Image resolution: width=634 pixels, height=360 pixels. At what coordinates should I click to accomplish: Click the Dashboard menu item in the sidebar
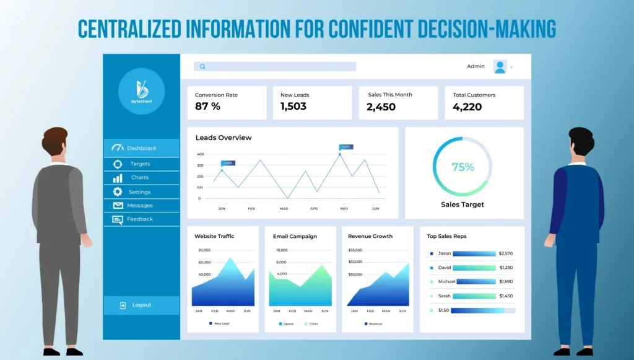pyautogui.click(x=141, y=148)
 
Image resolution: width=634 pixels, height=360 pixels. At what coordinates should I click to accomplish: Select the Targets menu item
pyautogui.click(x=140, y=164)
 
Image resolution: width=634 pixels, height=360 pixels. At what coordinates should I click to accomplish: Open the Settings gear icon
pyautogui.click(x=118, y=192)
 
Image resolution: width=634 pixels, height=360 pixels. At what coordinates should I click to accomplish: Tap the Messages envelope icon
pyautogui.click(x=118, y=206)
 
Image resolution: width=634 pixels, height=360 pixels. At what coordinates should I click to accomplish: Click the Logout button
pyautogui.click(x=141, y=305)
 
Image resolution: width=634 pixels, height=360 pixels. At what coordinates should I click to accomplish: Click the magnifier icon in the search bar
pyautogui.click(x=202, y=66)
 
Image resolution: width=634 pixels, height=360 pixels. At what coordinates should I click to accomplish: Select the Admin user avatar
pyautogui.click(x=500, y=67)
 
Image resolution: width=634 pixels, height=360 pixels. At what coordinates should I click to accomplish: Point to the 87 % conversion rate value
pyautogui.click(x=207, y=107)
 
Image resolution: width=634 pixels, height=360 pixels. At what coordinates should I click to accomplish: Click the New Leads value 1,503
pyautogui.click(x=293, y=107)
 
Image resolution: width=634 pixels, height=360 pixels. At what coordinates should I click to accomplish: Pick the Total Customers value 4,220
pyautogui.click(x=467, y=107)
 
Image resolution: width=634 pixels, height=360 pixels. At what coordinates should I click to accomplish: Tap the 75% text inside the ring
pyautogui.click(x=462, y=167)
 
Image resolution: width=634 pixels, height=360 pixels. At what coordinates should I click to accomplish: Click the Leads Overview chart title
pyautogui.click(x=224, y=138)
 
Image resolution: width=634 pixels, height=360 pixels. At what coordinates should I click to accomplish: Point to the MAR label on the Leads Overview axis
pyautogui.click(x=284, y=209)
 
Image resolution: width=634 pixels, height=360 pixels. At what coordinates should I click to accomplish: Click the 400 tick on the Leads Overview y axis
pyautogui.click(x=200, y=154)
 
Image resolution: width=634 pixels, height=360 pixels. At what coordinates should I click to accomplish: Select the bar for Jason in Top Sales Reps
pyautogui.click(x=474, y=253)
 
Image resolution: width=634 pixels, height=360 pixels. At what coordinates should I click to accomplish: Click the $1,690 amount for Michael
pyautogui.click(x=506, y=282)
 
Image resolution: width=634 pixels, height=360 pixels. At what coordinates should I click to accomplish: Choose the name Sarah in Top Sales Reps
pyautogui.click(x=445, y=296)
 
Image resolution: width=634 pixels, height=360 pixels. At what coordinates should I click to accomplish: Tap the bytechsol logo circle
pyautogui.click(x=141, y=91)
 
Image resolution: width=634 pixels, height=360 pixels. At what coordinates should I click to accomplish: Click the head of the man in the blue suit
pyautogui.click(x=581, y=142)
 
